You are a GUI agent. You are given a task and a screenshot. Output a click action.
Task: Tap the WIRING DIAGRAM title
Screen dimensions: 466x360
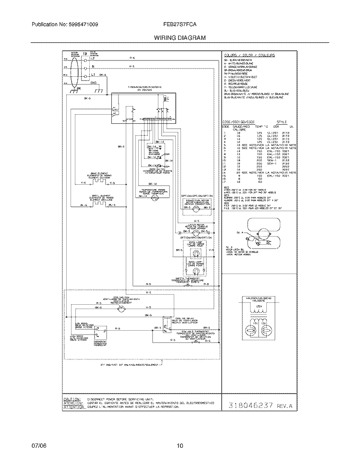tap(180, 37)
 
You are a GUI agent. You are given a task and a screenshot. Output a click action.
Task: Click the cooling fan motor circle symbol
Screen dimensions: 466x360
tap(121, 311)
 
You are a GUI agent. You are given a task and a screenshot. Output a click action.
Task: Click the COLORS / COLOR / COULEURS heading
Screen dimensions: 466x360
tap(249, 55)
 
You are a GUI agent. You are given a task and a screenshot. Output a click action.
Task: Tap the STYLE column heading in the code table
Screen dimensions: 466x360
tap(282, 122)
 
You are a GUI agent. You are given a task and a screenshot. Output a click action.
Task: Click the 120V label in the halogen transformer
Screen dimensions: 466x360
tap(259, 306)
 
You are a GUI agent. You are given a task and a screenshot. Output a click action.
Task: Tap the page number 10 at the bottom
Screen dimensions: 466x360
tap(180, 445)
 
